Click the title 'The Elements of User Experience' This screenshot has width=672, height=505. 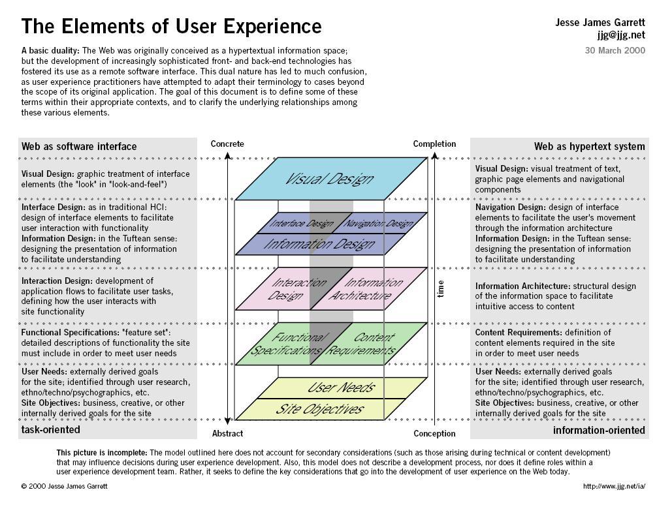pyautogui.click(x=171, y=26)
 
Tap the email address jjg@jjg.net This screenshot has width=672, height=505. pyautogui.click(x=621, y=35)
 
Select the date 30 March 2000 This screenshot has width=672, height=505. pyautogui.click(x=615, y=50)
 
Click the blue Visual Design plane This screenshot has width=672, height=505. pyautogui.click(x=331, y=179)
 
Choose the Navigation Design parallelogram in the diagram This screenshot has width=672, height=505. pyautogui.click(x=379, y=222)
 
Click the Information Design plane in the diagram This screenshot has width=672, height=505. pyautogui.click(x=321, y=244)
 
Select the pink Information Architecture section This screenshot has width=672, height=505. pyautogui.click(x=369, y=288)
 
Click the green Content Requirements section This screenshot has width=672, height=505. pyautogui.click(x=369, y=344)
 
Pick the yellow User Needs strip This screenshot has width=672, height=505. pyautogui.click(x=342, y=388)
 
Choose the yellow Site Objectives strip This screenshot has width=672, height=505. pyautogui.click(x=320, y=409)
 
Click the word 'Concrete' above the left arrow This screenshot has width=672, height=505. pyautogui.click(x=227, y=144)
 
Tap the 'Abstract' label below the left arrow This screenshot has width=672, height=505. pyautogui.click(x=227, y=433)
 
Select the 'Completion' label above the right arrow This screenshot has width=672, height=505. pyautogui.click(x=434, y=144)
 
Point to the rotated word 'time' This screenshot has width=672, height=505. pyautogui.click(x=441, y=288)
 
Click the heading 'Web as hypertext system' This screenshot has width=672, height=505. pyautogui.click(x=589, y=147)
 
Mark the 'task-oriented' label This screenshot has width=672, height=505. pyautogui.click(x=50, y=429)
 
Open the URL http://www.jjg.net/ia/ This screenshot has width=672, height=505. pyautogui.click(x=614, y=486)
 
